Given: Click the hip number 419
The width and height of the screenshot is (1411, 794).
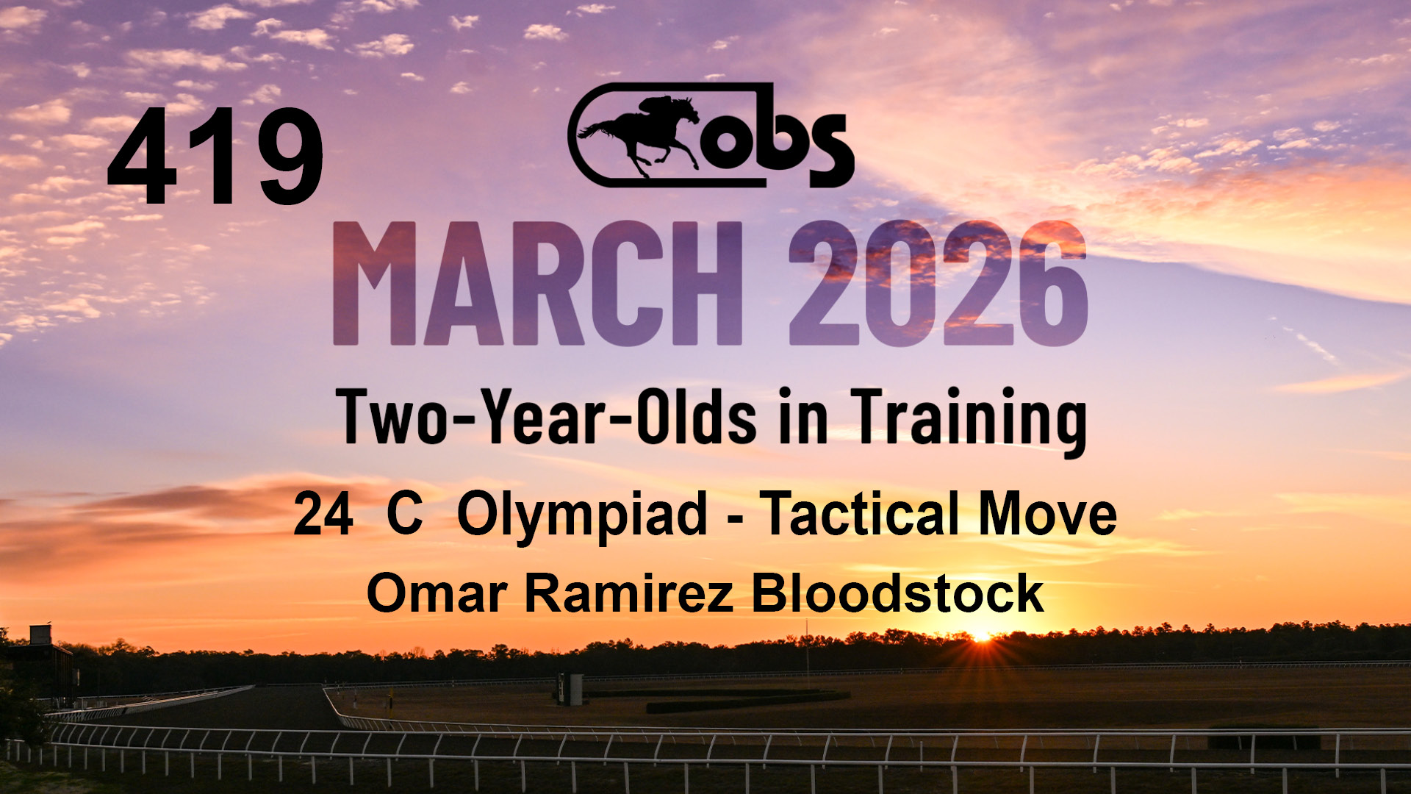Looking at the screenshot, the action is (x=215, y=157).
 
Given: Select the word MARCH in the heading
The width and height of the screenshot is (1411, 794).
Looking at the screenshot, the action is (x=537, y=284).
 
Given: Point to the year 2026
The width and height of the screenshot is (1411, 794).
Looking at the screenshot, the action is (x=938, y=284).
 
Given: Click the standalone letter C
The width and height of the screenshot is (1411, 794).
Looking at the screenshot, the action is (x=405, y=515).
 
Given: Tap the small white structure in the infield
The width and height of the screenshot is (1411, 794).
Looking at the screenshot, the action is (x=571, y=689).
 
